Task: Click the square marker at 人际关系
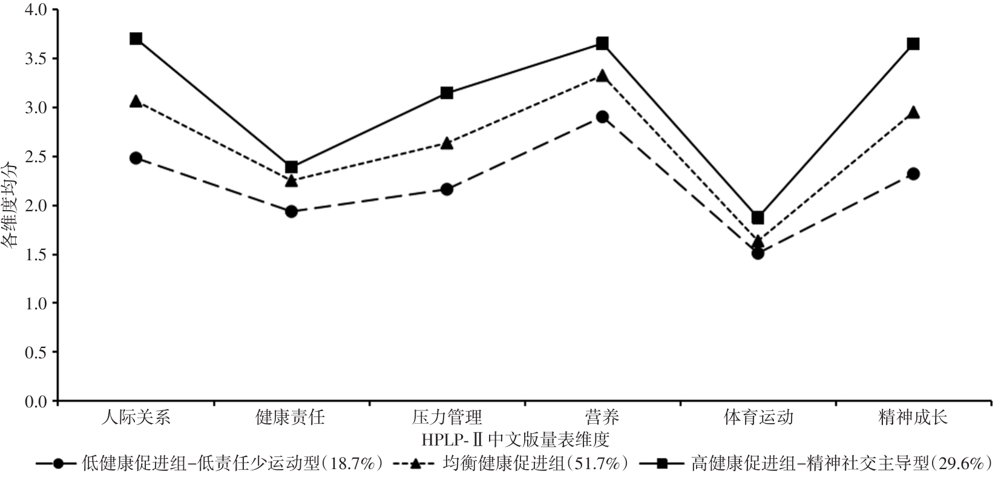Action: pyautogui.click(x=136, y=39)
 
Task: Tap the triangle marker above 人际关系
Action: pyautogui.click(x=136, y=102)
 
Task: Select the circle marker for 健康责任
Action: pyautogui.click(x=291, y=211)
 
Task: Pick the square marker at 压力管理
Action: pyautogui.click(x=447, y=93)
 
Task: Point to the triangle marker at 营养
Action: pyautogui.click(x=602, y=76)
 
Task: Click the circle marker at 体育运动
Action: pyautogui.click(x=758, y=253)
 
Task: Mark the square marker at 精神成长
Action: pyautogui.click(x=913, y=44)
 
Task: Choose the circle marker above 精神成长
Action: pyautogui.click(x=913, y=174)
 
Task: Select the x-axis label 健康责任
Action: pyautogui.click(x=291, y=417)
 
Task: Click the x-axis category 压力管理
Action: pyautogui.click(x=447, y=417)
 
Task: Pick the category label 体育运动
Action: pyautogui.click(x=758, y=417)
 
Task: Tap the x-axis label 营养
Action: pyautogui.click(x=602, y=417)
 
